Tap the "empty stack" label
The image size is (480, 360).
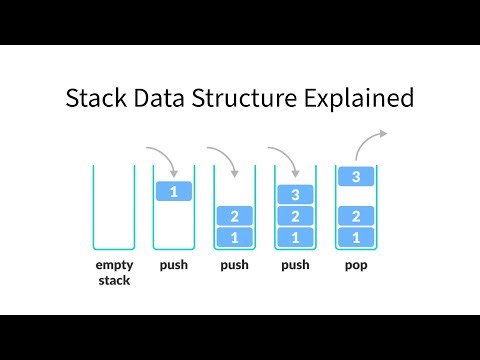tap(114, 273)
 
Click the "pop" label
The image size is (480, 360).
tap(357, 266)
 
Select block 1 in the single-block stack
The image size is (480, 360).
tap(174, 191)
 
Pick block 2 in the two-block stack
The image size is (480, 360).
tap(235, 216)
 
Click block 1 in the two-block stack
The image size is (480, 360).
tap(235, 237)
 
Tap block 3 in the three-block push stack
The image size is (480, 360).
tap(296, 195)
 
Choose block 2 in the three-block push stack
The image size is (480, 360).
tap(296, 216)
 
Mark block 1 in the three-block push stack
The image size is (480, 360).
tap(296, 237)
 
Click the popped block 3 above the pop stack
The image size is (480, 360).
tap(357, 177)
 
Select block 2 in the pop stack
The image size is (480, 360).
tap(357, 216)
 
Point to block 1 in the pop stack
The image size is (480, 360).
tap(357, 237)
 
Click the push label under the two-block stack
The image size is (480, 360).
tap(235, 266)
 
